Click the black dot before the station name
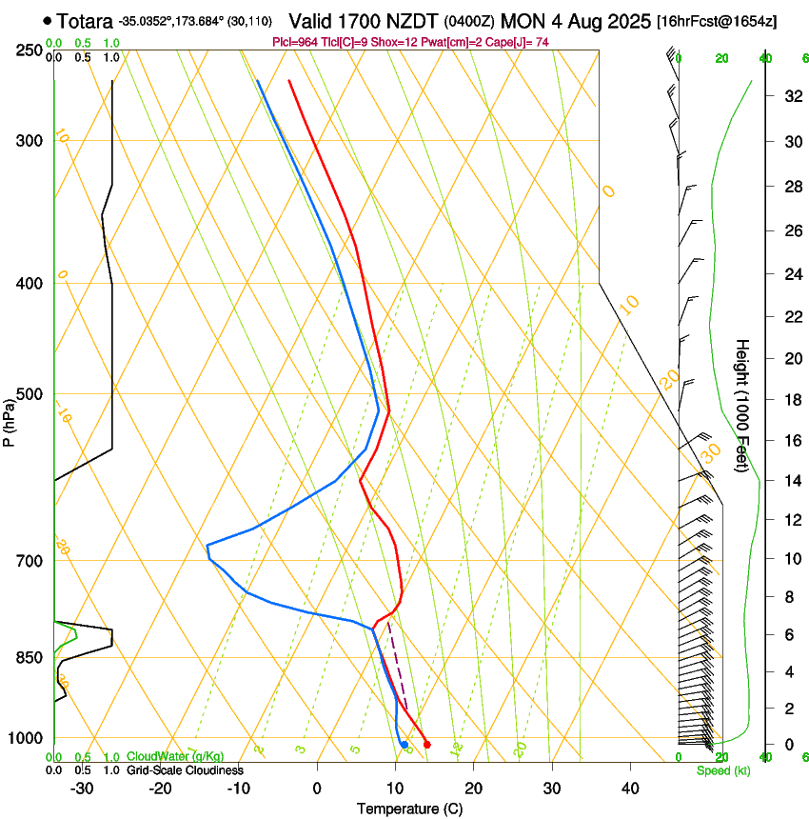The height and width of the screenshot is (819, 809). pos(48,20)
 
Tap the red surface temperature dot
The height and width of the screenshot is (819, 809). pos(426,744)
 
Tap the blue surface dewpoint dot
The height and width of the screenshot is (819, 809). pos(404,744)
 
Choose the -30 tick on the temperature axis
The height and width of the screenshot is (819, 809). pos(82,788)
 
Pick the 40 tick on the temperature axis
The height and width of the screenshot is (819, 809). pos(629,788)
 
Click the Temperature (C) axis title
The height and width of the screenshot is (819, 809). pos(409,809)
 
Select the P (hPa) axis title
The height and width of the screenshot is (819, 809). pos(10,416)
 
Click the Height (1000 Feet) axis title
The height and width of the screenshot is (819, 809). pos(742,405)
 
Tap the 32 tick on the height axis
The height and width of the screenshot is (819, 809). pos(790,95)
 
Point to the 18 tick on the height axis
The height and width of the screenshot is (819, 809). pos(790,400)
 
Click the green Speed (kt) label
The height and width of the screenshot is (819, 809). pos(722,770)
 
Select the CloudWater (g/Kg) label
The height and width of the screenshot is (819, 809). pos(176,756)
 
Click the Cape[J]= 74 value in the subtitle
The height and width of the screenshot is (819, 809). pos(521,42)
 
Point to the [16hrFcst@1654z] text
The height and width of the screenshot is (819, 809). pos(717,21)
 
